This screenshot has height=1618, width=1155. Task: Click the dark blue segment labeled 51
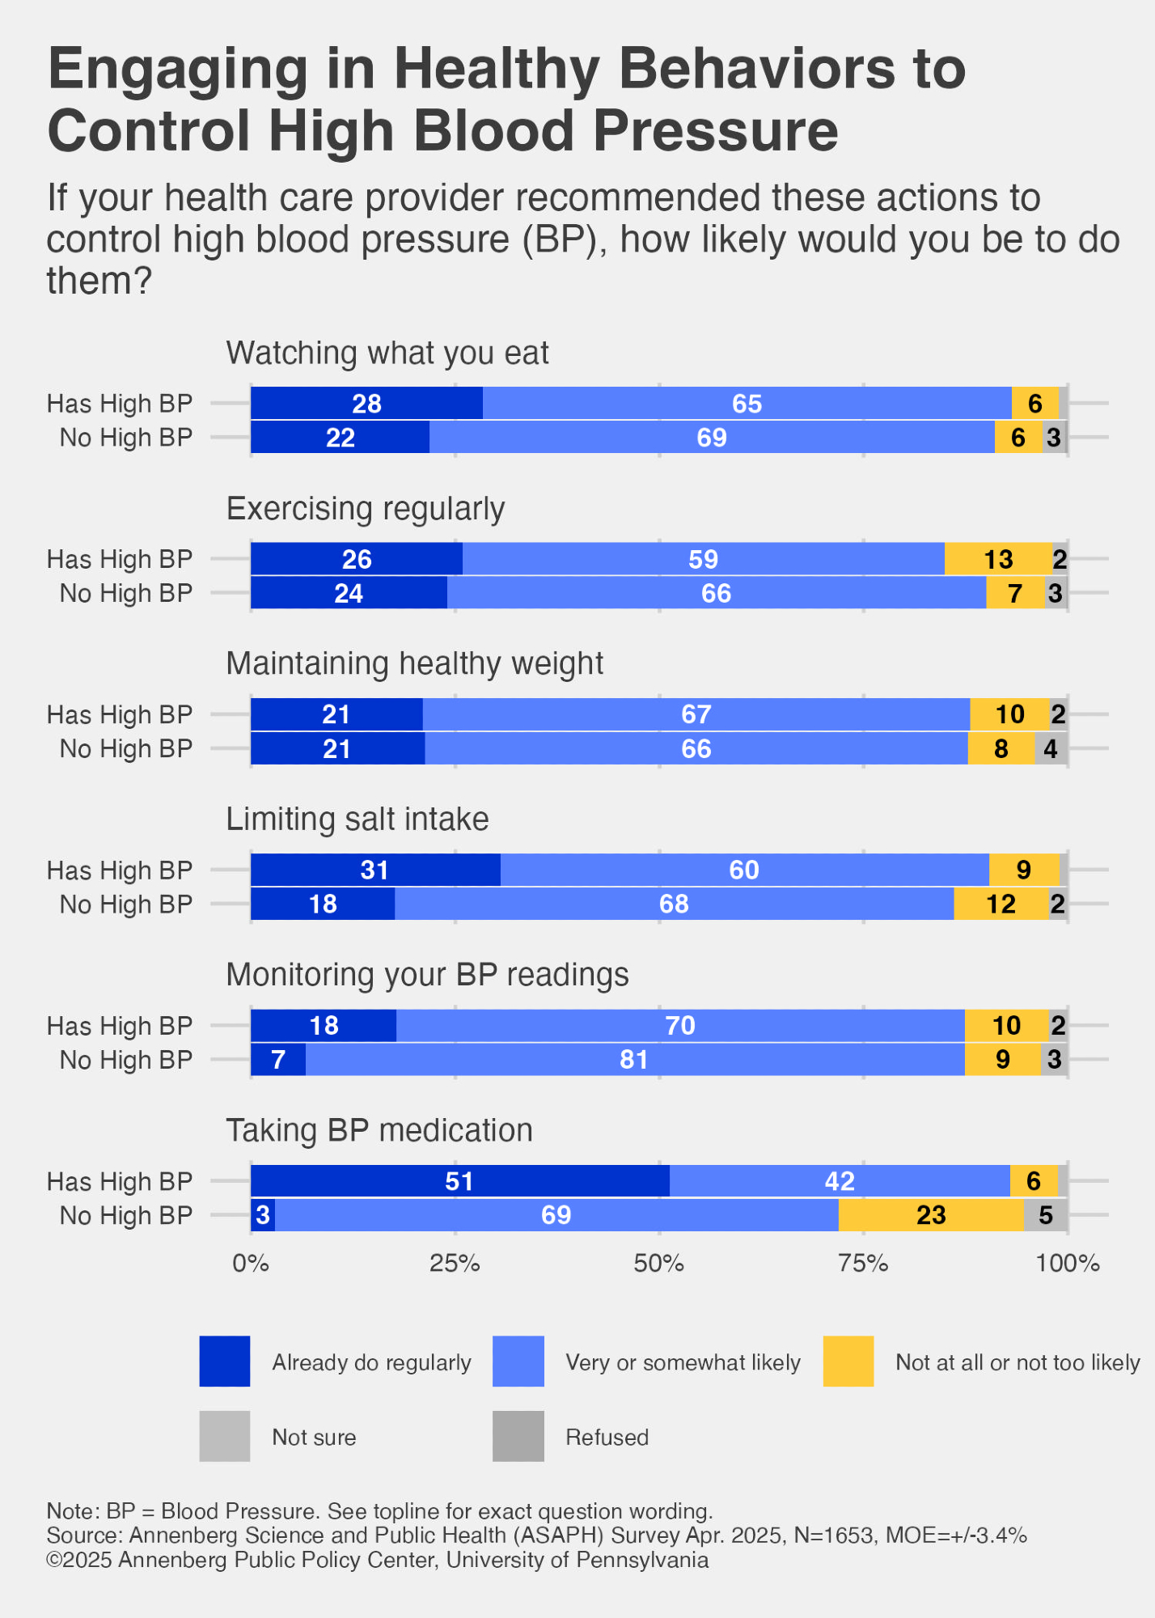tap(459, 1181)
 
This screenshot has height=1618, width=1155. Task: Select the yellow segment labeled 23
tap(931, 1215)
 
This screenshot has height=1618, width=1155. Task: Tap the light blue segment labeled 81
tap(634, 1060)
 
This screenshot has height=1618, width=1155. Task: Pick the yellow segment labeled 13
tap(998, 559)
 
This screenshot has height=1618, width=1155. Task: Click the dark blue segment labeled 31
tap(375, 870)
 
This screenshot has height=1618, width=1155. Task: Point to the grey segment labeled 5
tap(1046, 1215)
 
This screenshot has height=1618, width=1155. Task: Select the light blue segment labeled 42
tap(840, 1181)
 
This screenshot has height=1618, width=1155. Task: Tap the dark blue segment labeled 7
tap(278, 1060)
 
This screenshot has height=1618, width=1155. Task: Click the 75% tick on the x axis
tap(863, 1264)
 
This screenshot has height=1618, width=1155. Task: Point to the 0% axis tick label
tap(251, 1264)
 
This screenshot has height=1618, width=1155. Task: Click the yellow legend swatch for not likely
tap(848, 1362)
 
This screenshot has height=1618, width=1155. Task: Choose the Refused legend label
tap(607, 1438)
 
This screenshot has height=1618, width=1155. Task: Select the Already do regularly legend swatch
tap(225, 1362)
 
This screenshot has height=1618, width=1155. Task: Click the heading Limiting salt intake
tap(357, 820)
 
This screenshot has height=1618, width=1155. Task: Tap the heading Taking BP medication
tap(379, 1130)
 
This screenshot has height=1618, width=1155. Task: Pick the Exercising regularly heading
tap(366, 509)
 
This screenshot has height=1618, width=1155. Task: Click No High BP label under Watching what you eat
tap(126, 438)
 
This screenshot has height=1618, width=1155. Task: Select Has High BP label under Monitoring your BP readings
tap(120, 1026)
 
